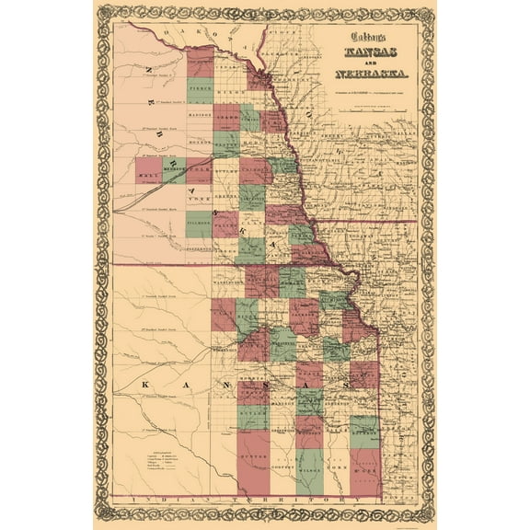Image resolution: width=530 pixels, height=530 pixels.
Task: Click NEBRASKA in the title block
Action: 363,73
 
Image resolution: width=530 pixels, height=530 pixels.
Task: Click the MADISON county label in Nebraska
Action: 200,115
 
